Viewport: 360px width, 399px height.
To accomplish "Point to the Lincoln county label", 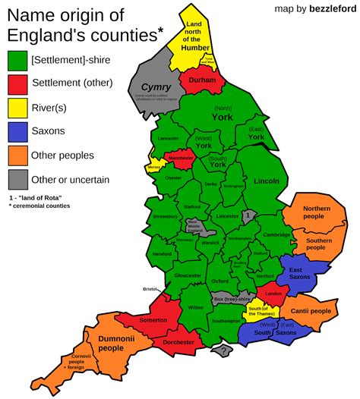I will [267, 181].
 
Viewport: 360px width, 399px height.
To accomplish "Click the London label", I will [273, 294].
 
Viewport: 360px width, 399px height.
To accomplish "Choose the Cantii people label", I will [310, 311].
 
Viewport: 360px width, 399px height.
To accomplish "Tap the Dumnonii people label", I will [111, 343].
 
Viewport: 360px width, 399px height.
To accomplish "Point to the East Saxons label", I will [300, 272].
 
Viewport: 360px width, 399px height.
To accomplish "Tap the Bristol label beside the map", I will [150, 289].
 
